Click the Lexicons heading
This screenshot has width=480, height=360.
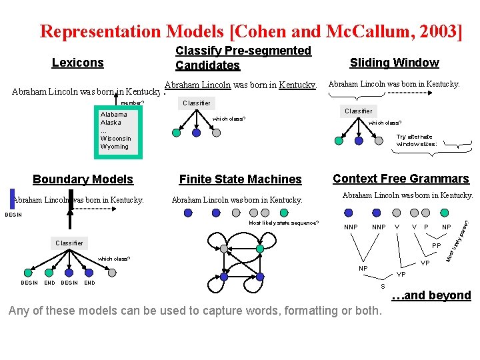pos(78,63)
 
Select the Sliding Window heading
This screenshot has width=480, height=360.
pos(394,63)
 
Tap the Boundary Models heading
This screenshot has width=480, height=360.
pos(83,179)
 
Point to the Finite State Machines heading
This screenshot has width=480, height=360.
pos(240,179)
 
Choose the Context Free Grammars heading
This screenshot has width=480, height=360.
pos(401,179)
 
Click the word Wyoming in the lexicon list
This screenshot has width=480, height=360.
pos(115,147)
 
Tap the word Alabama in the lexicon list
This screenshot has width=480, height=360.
pos(114,115)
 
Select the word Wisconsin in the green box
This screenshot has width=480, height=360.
pos(116,139)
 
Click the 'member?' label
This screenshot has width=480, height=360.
pos(132,103)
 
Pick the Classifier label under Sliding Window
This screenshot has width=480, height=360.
pos(358,111)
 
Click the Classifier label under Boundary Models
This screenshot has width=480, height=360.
pos(69,243)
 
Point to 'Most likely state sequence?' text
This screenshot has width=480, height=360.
pos(283,223)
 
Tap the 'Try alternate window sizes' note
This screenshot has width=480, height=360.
pos(416,140)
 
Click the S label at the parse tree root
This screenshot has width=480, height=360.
pos(383,286)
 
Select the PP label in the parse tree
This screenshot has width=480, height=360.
pos(437,246)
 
